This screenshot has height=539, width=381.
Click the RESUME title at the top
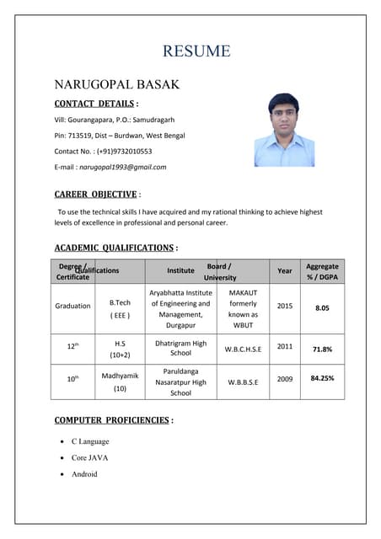(196, 51)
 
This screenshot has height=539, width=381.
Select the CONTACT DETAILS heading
(94, 104)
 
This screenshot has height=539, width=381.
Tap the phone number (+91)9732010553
(124, 152)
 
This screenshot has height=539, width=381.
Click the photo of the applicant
(284, 130)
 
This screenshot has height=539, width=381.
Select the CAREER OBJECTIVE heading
(96, 195)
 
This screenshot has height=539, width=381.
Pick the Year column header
(285, 270)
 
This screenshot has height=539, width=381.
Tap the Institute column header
(180, 270)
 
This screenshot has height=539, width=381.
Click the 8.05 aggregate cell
(322, 308)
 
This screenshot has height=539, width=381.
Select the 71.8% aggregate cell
(322, 349)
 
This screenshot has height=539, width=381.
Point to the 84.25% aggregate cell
(322, 378)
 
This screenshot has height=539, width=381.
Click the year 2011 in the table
(285, 346)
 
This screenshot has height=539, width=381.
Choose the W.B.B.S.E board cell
(243, 380)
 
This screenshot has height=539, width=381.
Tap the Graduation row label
(72, 306)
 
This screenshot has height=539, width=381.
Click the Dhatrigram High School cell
(180, 349)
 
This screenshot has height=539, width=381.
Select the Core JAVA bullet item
(89, 457)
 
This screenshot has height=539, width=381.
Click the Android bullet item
(84, 474)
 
